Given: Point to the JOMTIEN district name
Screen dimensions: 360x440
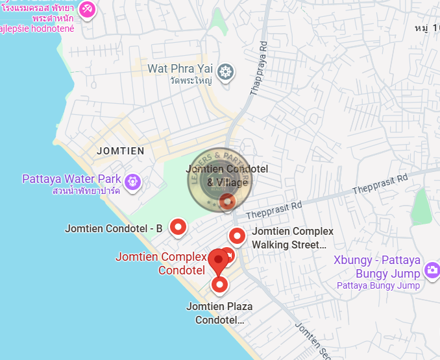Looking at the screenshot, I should coord(120,150).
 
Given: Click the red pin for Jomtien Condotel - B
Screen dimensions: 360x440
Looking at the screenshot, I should coord(178,227).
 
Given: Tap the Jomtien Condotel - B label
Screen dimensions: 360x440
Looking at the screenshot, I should coord(114,228).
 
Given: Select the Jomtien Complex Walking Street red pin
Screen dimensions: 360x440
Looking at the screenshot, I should coord(238,236).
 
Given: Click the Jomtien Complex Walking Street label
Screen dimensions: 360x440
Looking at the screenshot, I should coord(292,238).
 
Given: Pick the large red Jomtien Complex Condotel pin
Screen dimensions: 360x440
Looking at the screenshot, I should coord(219,261).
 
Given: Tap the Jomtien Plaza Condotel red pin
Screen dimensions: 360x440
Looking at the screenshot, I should coord(219,284).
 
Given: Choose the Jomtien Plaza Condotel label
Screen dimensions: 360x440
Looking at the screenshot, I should coord(219,313).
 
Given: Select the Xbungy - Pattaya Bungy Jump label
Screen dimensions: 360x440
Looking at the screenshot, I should coord(377,266).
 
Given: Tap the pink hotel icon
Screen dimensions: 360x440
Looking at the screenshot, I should coord(87,10).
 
